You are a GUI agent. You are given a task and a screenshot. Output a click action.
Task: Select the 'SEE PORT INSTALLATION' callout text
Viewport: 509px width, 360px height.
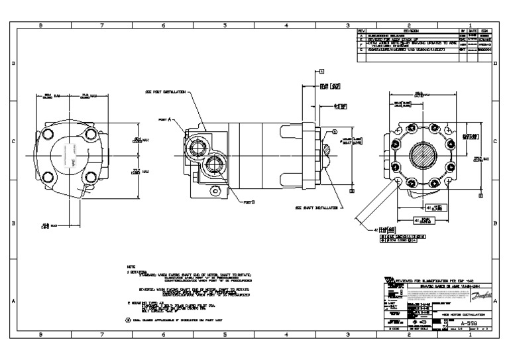[164, 93]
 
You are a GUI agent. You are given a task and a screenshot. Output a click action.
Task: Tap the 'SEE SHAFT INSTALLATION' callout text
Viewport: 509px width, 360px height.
[317, 207]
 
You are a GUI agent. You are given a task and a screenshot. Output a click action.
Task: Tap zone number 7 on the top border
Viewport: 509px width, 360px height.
[102, 26]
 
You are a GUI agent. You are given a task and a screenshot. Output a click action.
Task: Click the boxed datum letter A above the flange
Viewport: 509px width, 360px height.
[321, 70]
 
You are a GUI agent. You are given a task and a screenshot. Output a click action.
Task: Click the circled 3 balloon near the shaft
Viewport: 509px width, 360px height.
[335, 131]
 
